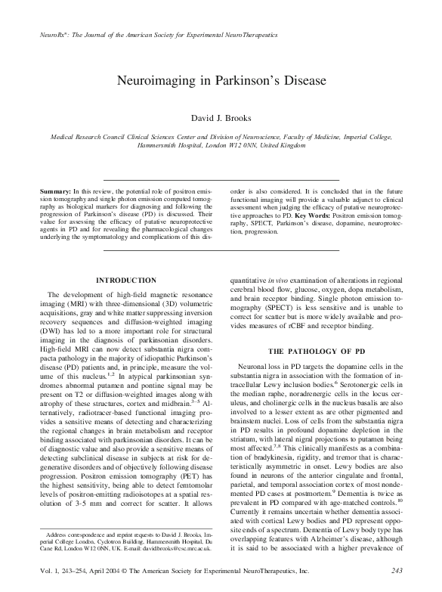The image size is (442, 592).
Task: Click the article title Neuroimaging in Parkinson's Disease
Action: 221,82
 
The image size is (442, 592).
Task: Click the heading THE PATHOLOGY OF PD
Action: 317,352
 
